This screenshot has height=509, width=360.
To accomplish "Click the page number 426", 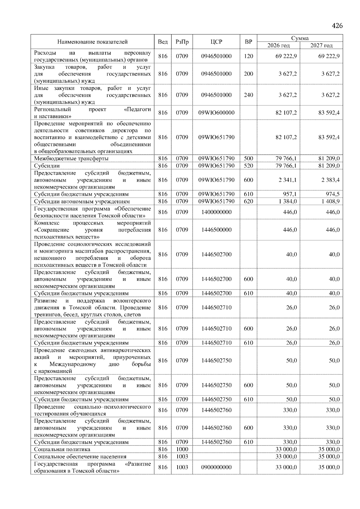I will [x=337, y=26].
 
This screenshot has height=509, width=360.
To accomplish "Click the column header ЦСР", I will [x=216, y=42].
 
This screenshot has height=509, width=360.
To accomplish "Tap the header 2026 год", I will [x=278, y=46].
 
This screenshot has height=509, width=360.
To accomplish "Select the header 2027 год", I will [x=321, y=46].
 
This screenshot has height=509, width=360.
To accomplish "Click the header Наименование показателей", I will [x=92, y=42].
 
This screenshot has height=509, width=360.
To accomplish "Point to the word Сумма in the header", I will [x=300, y=38].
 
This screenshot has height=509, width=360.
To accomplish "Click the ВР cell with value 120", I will [x=248, y=56].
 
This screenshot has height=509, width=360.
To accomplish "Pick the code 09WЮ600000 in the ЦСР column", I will [x=216, y=113].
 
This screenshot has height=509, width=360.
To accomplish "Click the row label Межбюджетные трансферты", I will [x=71, y=159].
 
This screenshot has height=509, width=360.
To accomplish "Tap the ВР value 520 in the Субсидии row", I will [x=248, y=166].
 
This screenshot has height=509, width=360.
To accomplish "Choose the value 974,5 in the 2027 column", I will [x=333, y=194].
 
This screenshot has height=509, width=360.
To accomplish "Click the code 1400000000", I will [x=216, y=212].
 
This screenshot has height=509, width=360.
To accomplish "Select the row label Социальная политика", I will [x=62, y=449].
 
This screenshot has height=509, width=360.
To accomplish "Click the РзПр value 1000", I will [x=182, y=449].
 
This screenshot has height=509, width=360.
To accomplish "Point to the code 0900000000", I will [x=216, y=467].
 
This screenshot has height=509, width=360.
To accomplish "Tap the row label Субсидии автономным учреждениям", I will [x=82, y=201].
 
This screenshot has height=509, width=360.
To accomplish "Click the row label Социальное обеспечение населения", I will [x=80, y=457].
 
